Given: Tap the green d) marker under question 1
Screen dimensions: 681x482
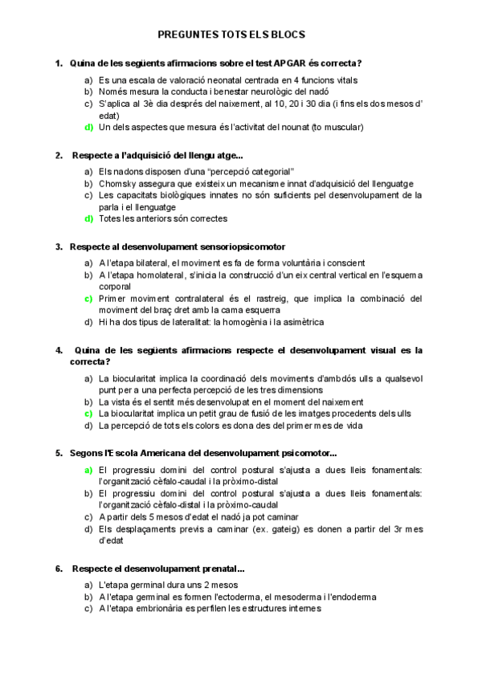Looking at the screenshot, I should coord(88,127).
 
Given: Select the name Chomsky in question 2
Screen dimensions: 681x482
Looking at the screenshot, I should coord(119,183).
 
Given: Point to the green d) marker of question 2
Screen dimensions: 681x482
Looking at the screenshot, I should coord(88,218).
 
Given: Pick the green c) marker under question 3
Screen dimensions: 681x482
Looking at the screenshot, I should coord(88,299).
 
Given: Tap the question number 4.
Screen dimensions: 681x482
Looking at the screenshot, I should coord(59,350).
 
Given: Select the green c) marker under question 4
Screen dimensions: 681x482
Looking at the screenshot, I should coord(88,413).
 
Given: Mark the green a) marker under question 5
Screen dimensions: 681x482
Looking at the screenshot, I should coord(88,470).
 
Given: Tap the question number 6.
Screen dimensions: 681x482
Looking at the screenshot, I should coord(59,569).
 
